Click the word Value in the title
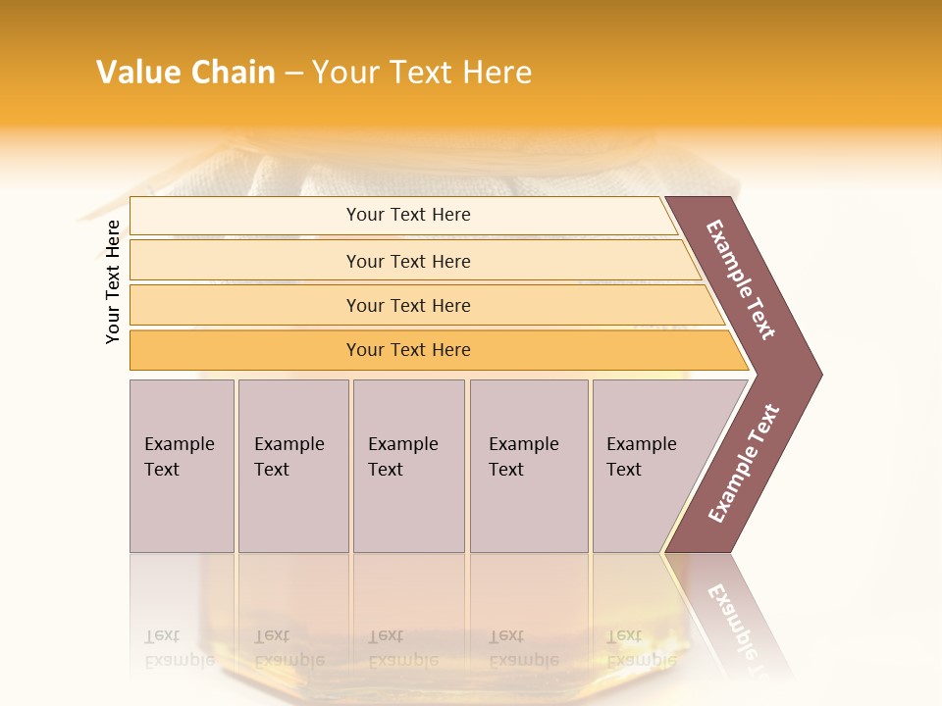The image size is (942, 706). click(x=136, y=73)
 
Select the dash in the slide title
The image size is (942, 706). click(x=293, y=74)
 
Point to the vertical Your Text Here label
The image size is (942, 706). click(x=113, y=281)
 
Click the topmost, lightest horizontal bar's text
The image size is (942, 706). click(x=408, y=215)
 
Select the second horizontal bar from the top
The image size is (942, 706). click(x=408, y=261)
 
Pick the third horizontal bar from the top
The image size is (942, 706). click(x=408, y=305)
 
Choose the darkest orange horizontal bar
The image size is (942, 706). click(x=408, y=350)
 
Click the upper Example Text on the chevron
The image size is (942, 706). click(x=741, y=279)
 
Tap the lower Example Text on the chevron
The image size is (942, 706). click(x=744, y=464)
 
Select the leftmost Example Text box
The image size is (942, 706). click(x=182, y=466)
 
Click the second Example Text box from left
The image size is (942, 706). click(x=292, y=466)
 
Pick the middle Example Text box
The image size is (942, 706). click(x=408, y=466)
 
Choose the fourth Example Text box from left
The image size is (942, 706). click(x=528, y=466)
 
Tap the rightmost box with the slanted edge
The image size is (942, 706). click(x=648, y=466)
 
